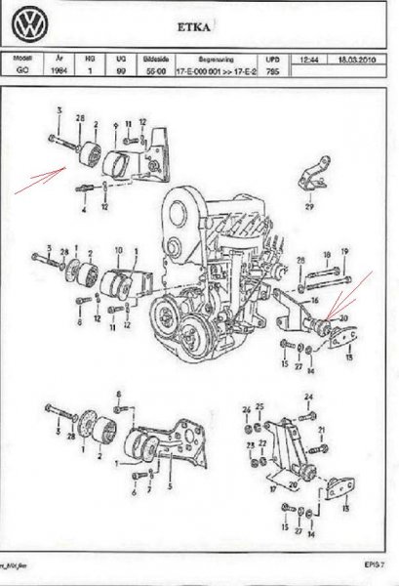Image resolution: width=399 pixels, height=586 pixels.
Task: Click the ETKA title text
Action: click(x=203, y=30)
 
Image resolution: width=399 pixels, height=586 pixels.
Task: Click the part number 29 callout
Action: click(x=310, y=208)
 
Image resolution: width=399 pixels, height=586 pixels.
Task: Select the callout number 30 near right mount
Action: click(x=341, y=317)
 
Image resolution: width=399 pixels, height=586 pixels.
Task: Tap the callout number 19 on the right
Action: click(x=344, y=251)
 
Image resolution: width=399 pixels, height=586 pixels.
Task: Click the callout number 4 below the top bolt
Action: click(x=84, y=209)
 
